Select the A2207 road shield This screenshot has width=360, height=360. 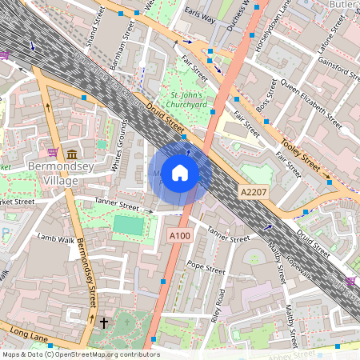(253, 193)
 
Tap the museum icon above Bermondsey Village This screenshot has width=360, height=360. (72, 154)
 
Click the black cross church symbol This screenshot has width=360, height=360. (103, 322)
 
